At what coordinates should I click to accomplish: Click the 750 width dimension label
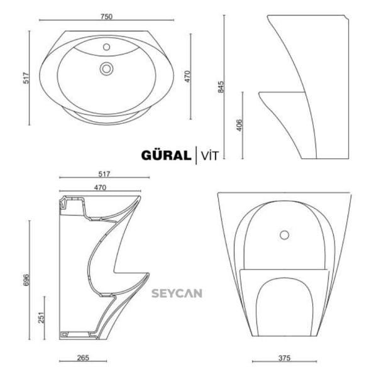click(x=107, y=17)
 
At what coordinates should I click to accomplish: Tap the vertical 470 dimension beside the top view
click(x=187, y=76)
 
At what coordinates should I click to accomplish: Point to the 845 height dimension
click(x=221, y=87)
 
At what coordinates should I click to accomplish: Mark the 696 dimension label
click(x=25, y=280)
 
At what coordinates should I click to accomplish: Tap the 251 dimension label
click(x=40, y=318)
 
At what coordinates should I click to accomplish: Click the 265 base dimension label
click(x=82, y=358)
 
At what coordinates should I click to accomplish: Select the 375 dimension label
click(x=284, y=358)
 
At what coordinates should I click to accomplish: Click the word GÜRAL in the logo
click(x=167, y=155)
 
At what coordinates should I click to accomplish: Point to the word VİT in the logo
click(x=209, y=155)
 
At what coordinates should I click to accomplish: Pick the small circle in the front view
click(x=284, y=235)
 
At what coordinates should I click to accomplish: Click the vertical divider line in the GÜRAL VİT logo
click(x=196, y=154)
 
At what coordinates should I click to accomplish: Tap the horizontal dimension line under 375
click(x=284, y=362)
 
